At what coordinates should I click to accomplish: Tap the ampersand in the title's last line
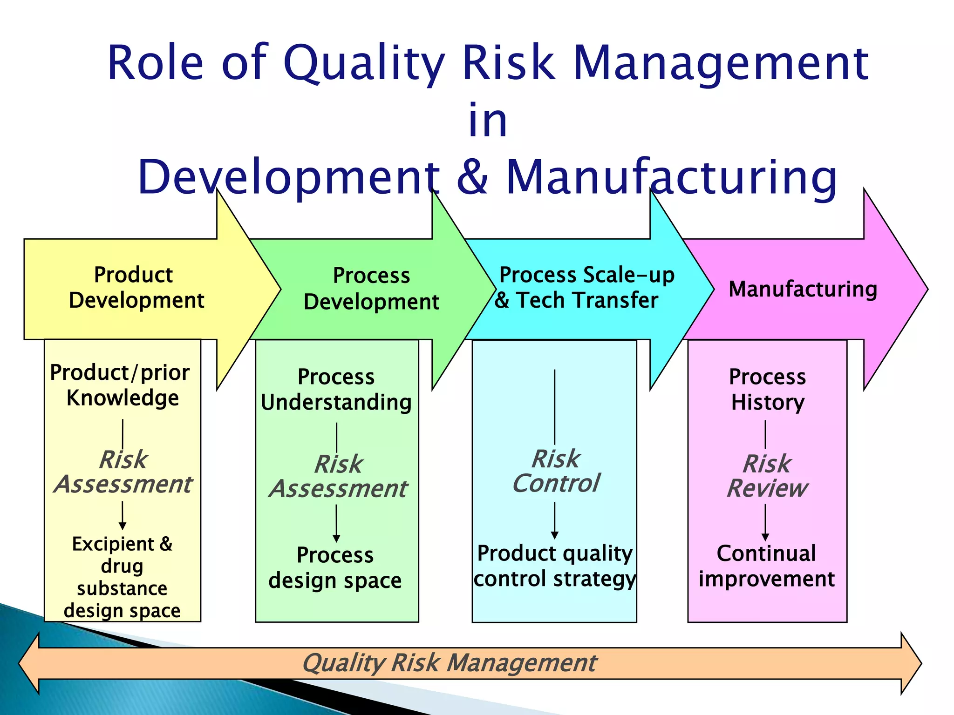[x=472, y=177]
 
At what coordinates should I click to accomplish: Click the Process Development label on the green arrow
[x=371, y=289]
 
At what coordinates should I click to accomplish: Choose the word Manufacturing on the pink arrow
[x=803, y=289]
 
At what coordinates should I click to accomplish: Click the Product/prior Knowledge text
[x=121, y=385]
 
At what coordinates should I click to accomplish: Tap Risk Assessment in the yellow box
[x=123, y=472]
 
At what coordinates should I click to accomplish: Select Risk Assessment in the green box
[x=338, y=476]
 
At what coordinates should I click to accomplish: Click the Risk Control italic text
[x=556, y=471]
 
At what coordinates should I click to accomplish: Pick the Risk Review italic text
[x=767, y=476]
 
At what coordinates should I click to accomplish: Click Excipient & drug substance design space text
[x=122, y=577]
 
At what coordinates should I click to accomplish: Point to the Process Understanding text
[x=336, y=390]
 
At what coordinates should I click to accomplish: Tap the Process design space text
[x=335, y=567]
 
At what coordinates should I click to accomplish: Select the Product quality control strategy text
[x=554, y=566]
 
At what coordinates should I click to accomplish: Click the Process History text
[x=767, y=389]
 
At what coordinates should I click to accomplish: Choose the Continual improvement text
[x=766, y=566]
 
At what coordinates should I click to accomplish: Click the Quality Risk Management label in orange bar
[x=449, y=663]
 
